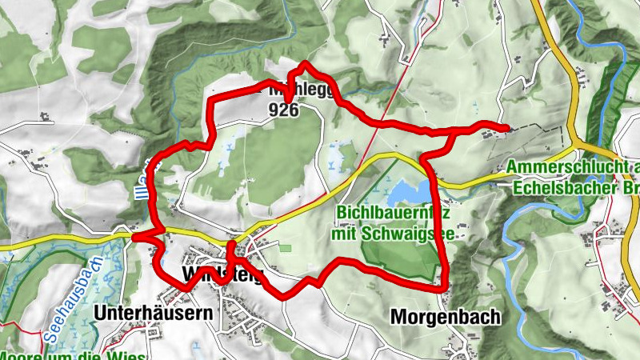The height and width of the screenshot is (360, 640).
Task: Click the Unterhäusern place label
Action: click(x=154, y=311)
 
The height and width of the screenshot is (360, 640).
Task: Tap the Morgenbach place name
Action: click(x=445, y=317)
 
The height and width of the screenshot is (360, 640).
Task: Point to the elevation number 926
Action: click(x=284, y=109)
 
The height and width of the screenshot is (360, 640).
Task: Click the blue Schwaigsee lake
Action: click(x=408, y=193)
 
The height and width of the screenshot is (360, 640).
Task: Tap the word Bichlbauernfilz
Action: click(x=392, y=214)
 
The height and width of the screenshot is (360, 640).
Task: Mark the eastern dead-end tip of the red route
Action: click(x=506, y=128)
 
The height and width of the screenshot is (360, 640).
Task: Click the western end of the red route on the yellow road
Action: click(x=135, y=237)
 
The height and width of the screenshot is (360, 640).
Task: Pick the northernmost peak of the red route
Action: click(x=305, y=63)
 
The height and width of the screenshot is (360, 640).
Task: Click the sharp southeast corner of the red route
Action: click(x=443, y=284)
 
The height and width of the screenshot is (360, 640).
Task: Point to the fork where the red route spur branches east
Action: click(x=454, y=130)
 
